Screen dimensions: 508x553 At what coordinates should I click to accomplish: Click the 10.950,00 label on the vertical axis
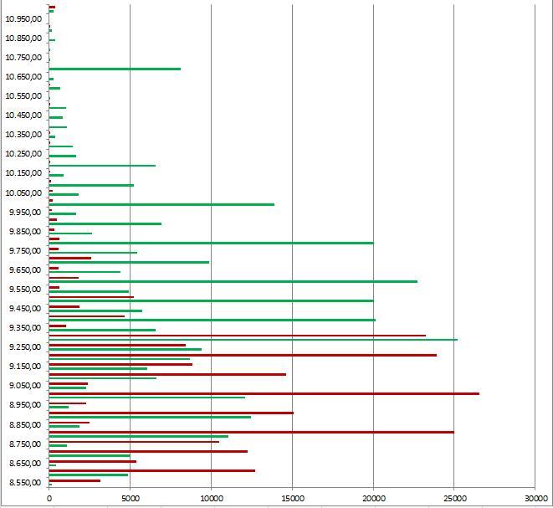click(24, 18)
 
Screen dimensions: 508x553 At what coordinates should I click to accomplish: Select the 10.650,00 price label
click(24, 76)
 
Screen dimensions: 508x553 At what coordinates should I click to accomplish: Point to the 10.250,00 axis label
click(24, 154)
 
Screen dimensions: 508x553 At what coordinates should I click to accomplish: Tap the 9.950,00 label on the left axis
click(24, 212)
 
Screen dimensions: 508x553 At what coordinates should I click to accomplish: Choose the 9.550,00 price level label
click(24, 290)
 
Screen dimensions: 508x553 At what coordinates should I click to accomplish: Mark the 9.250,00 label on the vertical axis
click(24, 347)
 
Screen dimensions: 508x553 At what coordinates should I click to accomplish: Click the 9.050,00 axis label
click(24, 386)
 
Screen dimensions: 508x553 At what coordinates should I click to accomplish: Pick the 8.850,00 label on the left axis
click(24, 424)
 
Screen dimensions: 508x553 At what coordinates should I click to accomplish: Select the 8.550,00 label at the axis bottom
click(24, 483)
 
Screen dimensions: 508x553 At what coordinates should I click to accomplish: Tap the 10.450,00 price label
click(24, 115)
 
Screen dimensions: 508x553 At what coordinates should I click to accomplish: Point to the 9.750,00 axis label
click(24, 251)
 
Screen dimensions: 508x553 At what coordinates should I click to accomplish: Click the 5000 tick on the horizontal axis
click(130, 497)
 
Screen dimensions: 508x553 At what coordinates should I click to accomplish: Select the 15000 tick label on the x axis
click(292, 497)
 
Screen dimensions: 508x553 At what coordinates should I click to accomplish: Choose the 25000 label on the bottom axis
click(454, 497)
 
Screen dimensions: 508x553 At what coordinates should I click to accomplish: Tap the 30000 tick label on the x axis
click(535, 497)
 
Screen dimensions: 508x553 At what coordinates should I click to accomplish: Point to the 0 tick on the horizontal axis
click(49, 497)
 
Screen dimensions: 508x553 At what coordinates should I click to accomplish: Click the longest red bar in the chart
click(264, 393)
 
